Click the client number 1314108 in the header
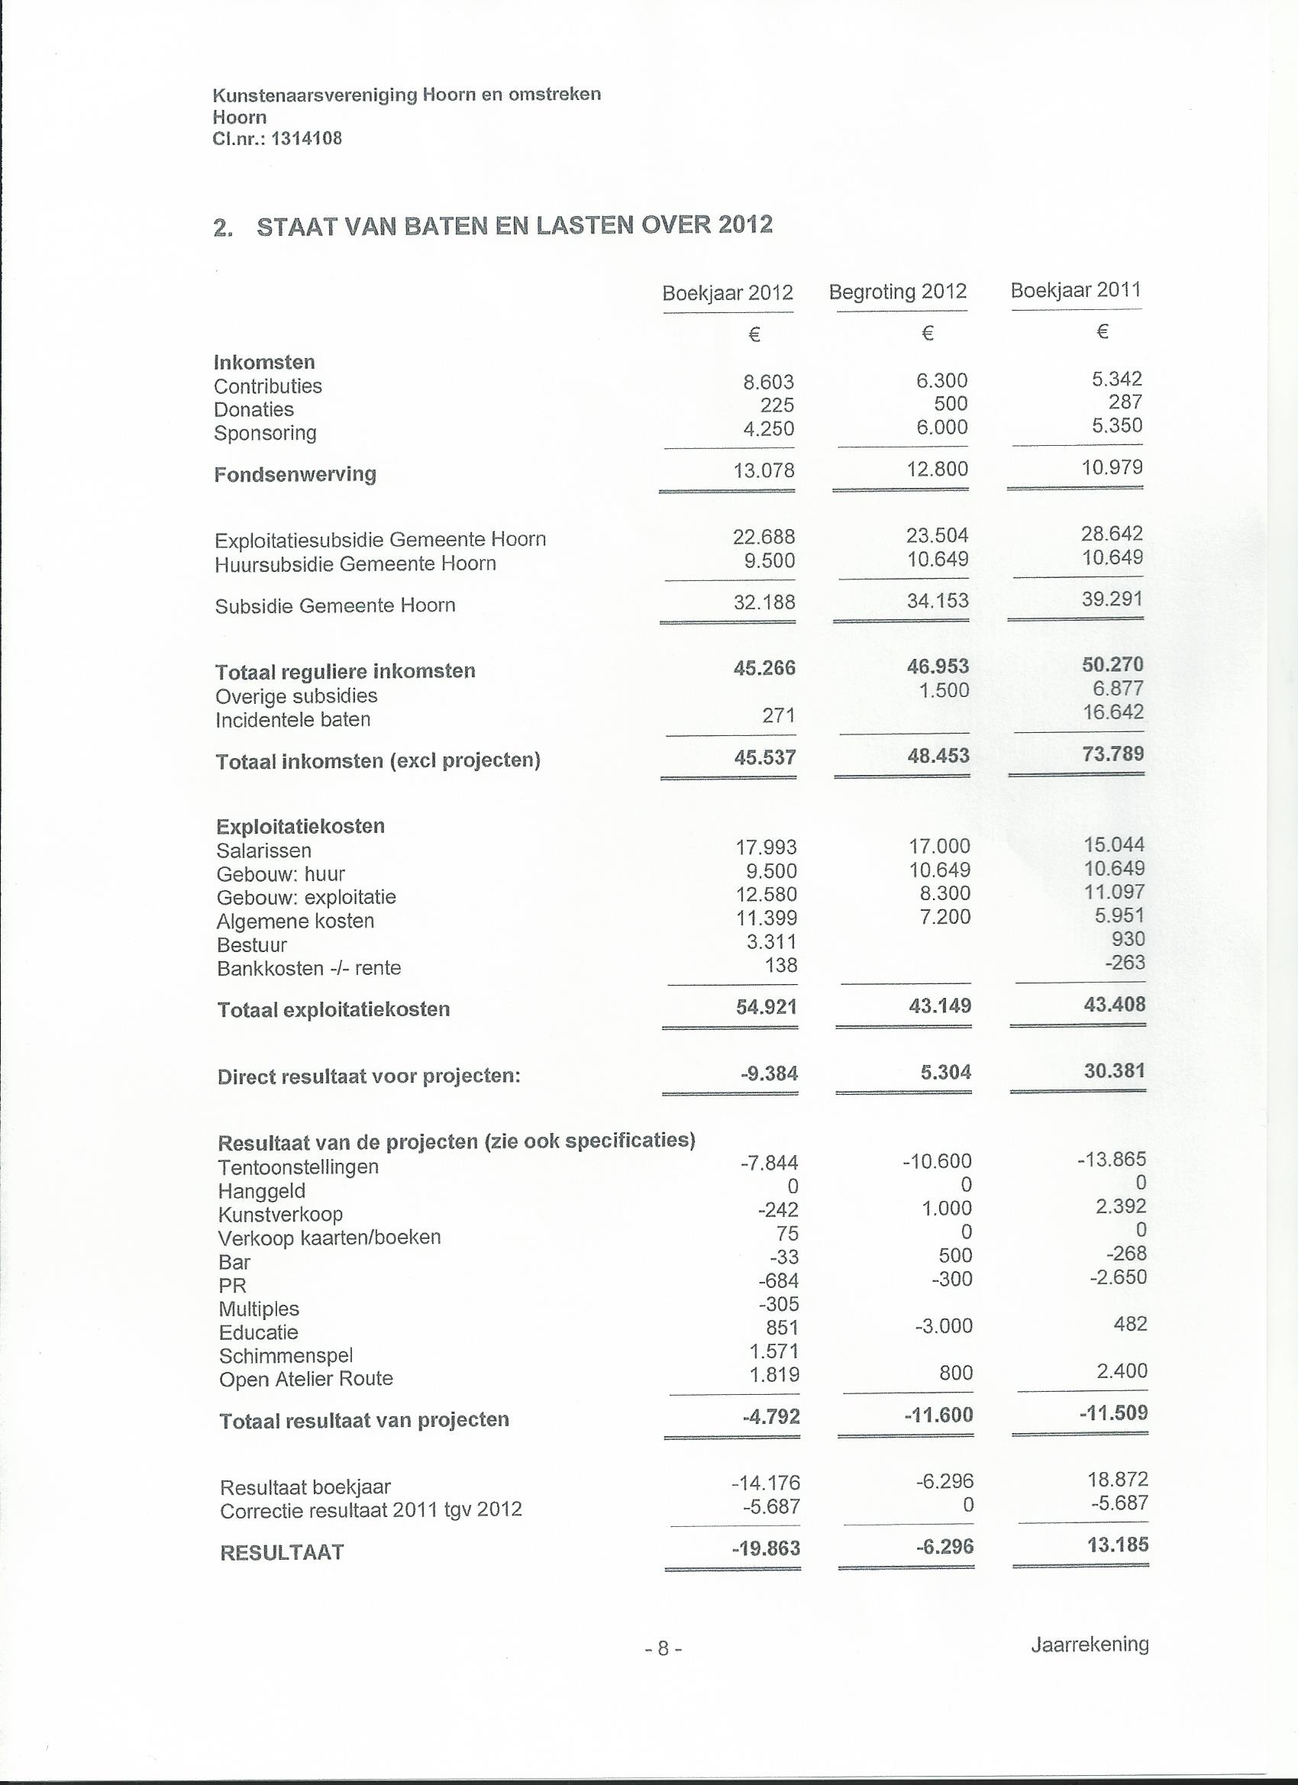306,139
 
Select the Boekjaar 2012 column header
728,294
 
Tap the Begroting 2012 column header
897,292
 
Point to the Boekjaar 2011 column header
1075,289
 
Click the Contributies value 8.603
768,382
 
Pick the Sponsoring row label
264,433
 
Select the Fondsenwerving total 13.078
764,470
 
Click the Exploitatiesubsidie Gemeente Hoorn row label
379,540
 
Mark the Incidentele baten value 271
779,715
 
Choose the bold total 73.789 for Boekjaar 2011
1112,754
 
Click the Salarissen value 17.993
766,847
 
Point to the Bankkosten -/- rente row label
308,968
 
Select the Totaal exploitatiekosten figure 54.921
766,1006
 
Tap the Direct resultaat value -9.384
769,1073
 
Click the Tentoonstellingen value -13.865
1112,1159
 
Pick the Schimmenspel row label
286,1355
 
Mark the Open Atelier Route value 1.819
774,1374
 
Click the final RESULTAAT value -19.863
765,1548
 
